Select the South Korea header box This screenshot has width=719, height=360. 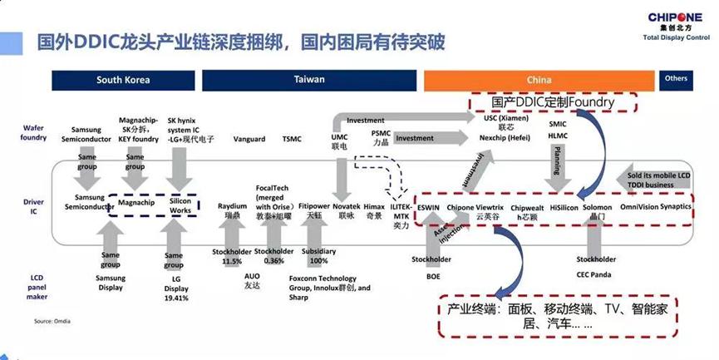click(122, 80)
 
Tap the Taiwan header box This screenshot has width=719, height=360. click(309, 80)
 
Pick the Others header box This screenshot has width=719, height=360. click(676, 79)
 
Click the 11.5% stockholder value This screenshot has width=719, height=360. click(232, 261)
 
